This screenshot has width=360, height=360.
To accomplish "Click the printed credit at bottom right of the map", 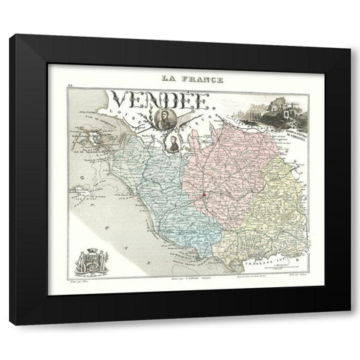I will click(296, 280).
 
